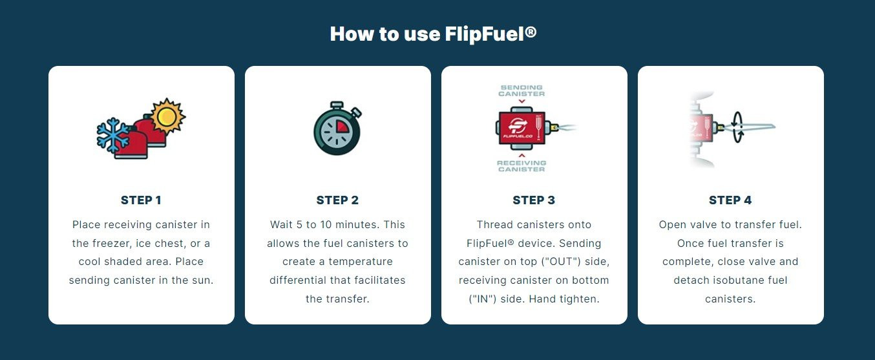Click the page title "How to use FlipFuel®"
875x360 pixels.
tap(433, 34)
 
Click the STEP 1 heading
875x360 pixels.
tap(141, 200)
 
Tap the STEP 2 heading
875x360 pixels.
tap(337, 200)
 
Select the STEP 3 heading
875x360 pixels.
tap(534, 200)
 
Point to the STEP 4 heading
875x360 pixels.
tap(730, 200)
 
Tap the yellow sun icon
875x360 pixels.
tap(167, 116)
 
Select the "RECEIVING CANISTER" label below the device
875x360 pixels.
tap(522, 166)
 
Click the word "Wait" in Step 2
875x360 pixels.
tap(282, 225)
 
